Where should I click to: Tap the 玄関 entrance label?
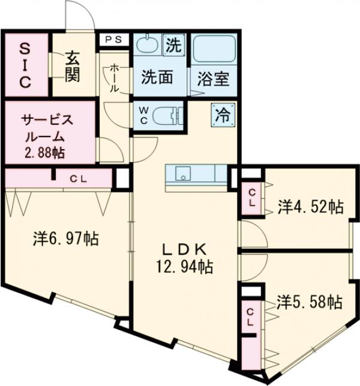pyautogui.click(x=73, y=67)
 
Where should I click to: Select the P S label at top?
pyautogui.click(x=113, y=40)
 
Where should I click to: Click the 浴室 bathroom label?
pyautogui.click(x=211, y=78)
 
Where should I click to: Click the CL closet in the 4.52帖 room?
pyautogui.click(x=253, y=198)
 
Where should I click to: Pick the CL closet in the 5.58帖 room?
pyautogui.click(x=253, y=317)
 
